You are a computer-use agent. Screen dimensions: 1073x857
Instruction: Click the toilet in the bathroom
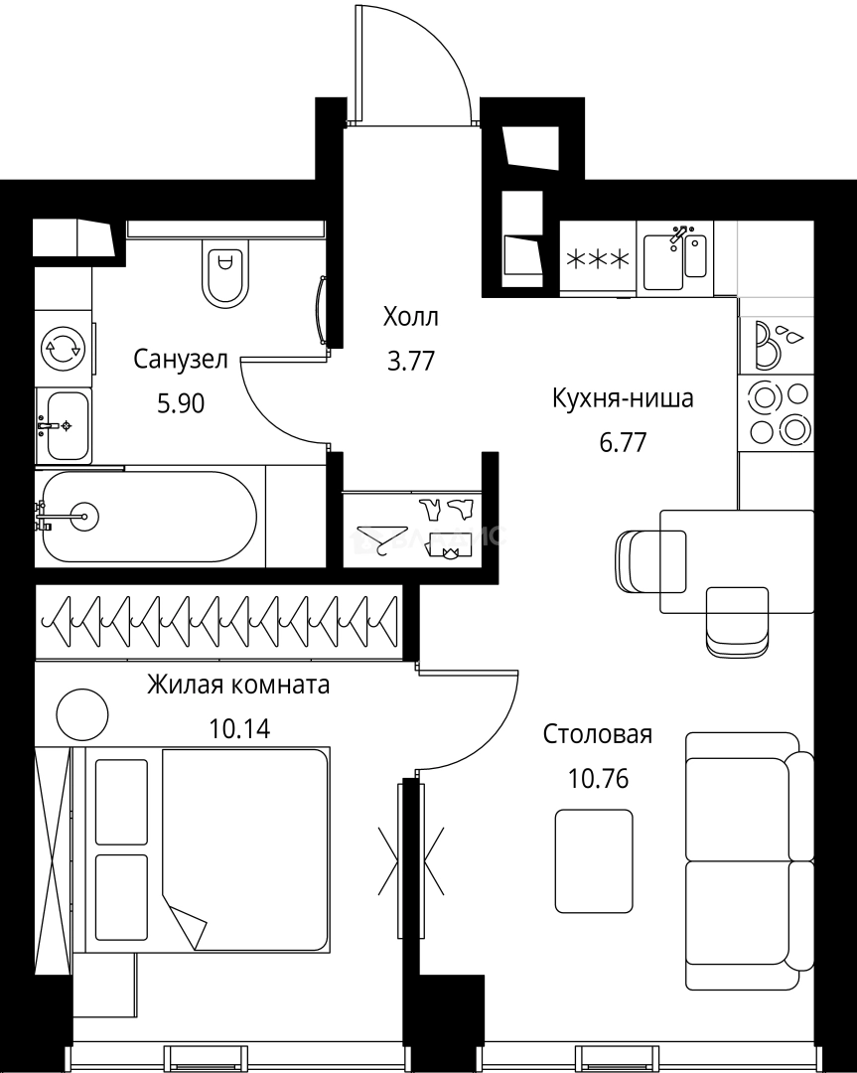click(x=225, y=273)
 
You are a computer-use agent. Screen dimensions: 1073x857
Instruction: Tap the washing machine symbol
click(x=63, y=348)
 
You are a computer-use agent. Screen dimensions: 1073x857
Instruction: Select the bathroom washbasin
click(x=64, y=425)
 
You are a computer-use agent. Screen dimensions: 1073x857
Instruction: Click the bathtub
click(x=149, y=517)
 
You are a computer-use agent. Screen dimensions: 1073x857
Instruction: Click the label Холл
click(x=410, y=318)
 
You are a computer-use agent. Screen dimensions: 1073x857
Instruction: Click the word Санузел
click(x=181, y=359)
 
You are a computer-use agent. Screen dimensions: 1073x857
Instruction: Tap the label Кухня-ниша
click(x=623, y=399)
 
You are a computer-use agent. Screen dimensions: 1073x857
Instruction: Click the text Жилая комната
click(x=238, y=685)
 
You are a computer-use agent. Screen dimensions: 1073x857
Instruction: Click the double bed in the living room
click(x=214, y=849)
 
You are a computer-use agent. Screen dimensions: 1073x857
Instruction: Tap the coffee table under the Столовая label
click(x=594, y=860)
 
